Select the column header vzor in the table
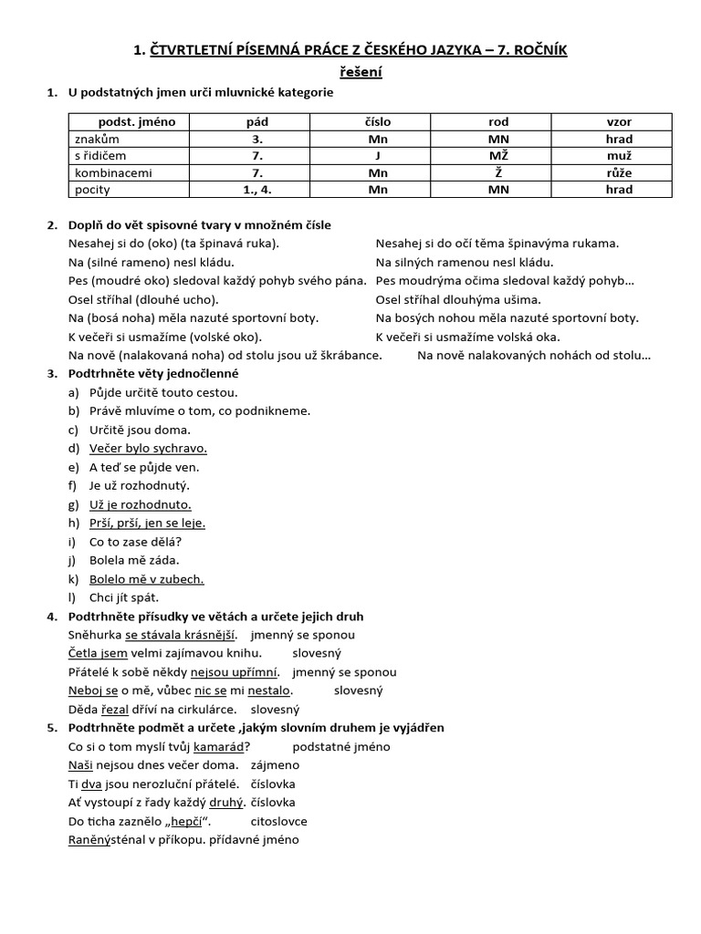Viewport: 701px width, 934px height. click(x=619, y=121)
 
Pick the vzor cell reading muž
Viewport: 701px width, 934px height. click(x=619, y=156)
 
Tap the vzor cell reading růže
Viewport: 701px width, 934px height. click(x=619, y=172)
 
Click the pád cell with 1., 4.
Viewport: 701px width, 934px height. click(x=257, y=190)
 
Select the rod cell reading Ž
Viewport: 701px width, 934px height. click(x=498, y=172)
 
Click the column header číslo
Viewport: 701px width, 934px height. click(x=378, y=121)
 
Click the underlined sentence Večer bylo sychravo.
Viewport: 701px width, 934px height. click(x=148, y=448)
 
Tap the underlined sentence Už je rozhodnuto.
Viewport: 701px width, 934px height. click(x=140, y=504)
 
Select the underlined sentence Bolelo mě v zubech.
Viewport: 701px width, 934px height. click(x=146, y=579)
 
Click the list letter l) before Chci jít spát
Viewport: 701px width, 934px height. click(x=73, y=597)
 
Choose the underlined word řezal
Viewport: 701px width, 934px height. click(x=116, y=709)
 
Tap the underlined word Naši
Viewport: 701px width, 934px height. click(x=80, y=765)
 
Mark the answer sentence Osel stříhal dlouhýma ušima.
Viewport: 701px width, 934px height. click(x=458, y=299)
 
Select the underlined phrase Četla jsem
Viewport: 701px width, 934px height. click(x=98, y=653)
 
